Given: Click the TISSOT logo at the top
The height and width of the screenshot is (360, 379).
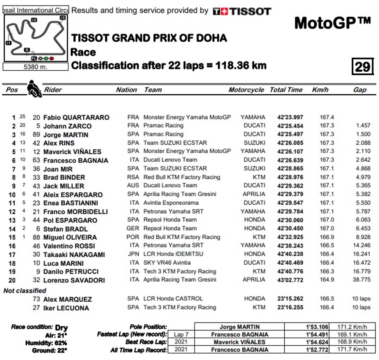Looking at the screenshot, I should [242, 11].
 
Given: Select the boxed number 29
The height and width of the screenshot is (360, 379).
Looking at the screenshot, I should [362, 67].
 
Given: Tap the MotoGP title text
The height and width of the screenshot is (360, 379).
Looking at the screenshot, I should [332, 23].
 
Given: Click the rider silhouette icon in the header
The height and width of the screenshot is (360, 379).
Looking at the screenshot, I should [32, 88].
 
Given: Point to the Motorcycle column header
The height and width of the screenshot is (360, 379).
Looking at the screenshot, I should [246, 90].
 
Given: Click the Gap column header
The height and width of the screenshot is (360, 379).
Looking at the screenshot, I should [360, 90].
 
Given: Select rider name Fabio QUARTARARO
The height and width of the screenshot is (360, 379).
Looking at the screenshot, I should [77, 117].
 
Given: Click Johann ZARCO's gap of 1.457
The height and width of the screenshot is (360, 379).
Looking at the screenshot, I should [363, 125].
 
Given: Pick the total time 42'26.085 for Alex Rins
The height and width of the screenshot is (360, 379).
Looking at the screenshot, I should [286, 143].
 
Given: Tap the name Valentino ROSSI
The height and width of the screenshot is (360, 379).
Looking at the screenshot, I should [69, 246].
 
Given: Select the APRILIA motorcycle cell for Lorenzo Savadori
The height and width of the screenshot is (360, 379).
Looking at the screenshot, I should [254, 280].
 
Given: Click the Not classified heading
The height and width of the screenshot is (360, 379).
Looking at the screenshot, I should [25, 291].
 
